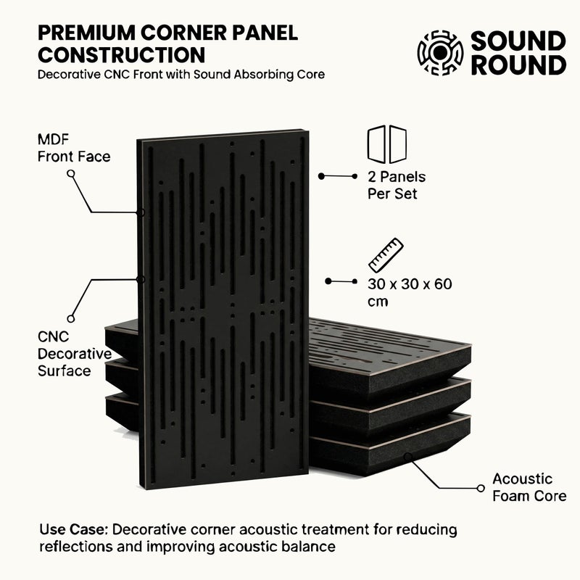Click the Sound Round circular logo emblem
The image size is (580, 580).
tap(440, 53)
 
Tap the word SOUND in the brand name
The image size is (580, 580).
tap(518, 41)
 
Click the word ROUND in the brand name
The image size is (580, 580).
tap(518, 65)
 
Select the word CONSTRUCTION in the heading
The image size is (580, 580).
tap(121, 55)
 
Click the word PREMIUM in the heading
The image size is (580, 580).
tap(86, 33)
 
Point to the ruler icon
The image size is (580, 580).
tap(386, 255)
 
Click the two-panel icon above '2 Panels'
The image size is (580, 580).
tap(387, 144)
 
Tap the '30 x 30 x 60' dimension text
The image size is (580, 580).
tap(410, 284)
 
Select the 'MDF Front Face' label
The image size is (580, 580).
tap(74, 148)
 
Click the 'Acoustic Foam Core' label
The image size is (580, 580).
tap(529, 487)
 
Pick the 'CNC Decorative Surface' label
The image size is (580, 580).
tap(75, 354)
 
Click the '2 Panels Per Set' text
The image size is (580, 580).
tap(397, 185)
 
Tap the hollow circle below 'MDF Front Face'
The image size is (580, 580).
tap(70, 173)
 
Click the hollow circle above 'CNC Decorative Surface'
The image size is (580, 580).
tap(70, 318)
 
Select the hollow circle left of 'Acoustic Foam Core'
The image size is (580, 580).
tap(481, 488)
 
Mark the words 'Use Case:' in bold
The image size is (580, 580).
tap(74, 529)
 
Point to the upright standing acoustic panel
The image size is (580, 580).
tap(223, 309)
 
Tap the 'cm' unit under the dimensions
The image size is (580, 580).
tap(378, 302)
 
